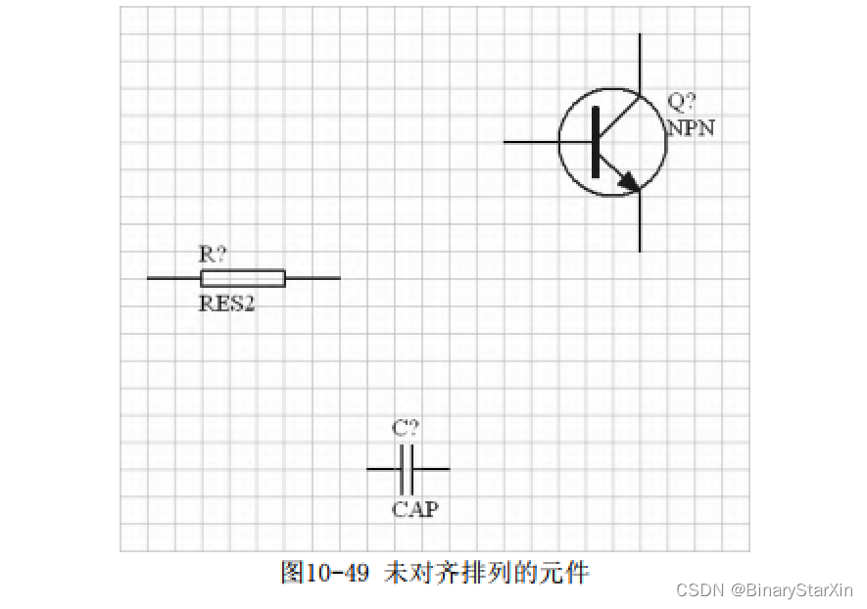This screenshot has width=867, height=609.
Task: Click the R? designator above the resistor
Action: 213,255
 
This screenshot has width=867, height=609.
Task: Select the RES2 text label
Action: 227,303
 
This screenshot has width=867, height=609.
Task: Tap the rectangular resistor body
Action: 243,278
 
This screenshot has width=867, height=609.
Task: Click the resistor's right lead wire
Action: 313,278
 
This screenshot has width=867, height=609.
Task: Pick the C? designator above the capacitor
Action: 406,428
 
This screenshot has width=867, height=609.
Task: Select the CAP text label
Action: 415,509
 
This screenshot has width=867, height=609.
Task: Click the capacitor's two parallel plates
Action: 407,469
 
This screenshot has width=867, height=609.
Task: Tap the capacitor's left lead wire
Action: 383,469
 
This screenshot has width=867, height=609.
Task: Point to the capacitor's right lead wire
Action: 432,469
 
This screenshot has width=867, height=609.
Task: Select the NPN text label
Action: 691,127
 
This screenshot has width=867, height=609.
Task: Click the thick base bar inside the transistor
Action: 595,142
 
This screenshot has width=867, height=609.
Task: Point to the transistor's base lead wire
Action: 534,142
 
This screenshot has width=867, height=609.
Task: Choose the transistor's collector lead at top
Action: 640,64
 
